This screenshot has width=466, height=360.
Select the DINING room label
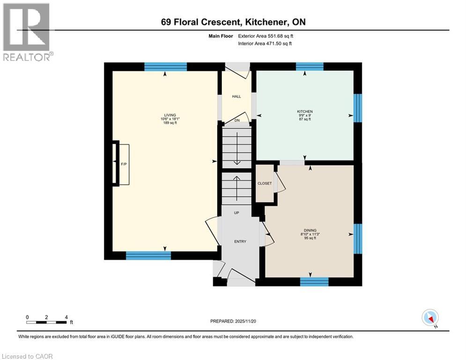[310, 230]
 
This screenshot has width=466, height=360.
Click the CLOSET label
[265, 183]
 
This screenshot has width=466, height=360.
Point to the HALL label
[237, 97]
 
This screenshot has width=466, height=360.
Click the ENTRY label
[240, 241]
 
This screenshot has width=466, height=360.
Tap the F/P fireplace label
[124, 165]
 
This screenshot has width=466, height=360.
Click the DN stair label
[237, 120]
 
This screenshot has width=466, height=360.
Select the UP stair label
[237, 213]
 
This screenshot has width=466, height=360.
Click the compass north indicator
[429, 318]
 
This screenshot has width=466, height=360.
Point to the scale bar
[46, 322]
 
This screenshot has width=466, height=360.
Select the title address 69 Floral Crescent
[232, 22]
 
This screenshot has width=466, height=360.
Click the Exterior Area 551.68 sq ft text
[266, 36]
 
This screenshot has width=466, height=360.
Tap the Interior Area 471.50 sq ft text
[265, 43]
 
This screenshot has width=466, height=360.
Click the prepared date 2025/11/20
[234, 321]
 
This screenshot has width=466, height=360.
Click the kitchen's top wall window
[310, 67]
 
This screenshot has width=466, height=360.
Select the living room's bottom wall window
[148, 255]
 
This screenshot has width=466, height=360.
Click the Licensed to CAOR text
[28, 356]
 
